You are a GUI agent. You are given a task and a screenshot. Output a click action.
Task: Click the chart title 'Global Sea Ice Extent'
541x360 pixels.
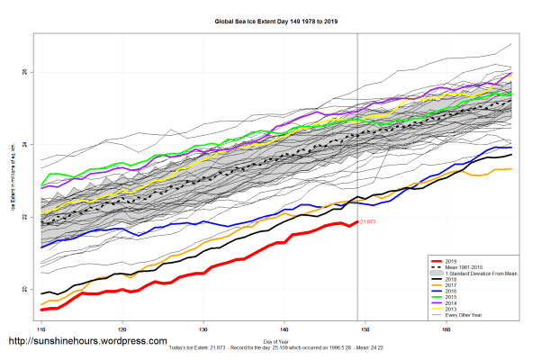coord(270,19)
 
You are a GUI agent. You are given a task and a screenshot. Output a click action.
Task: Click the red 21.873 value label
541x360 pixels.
coord(367,222)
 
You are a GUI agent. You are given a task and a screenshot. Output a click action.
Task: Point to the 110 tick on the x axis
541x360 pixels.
coord(41,330)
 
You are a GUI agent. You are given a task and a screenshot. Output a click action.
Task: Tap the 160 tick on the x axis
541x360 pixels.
coord(447,330)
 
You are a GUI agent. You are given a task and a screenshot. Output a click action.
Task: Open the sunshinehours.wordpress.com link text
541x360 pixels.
coord(87,342)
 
